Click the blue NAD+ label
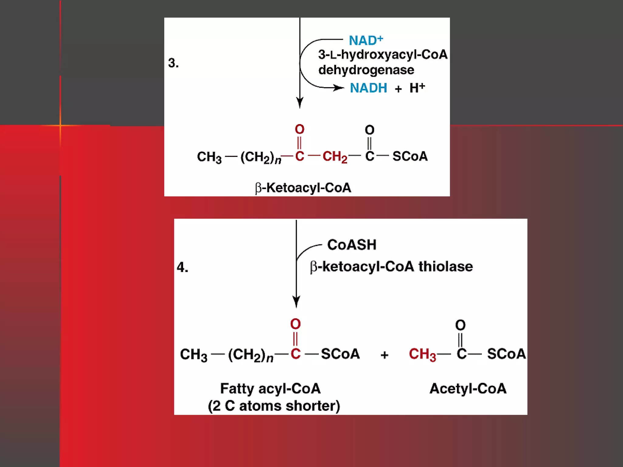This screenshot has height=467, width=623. tap(365, 40)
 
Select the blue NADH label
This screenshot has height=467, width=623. tap(368, 88)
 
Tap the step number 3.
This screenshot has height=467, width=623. tap(173, 63)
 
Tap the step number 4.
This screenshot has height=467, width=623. tap(182, 267)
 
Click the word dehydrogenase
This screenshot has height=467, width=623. tap(366, 70)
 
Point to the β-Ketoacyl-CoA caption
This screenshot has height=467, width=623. tap(303, 188)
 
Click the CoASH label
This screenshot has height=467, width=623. tap(352, 245)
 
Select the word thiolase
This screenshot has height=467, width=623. tap(446, 267)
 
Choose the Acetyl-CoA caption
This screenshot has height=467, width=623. tap(468, 389)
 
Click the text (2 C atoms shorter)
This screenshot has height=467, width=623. tap(274, 406)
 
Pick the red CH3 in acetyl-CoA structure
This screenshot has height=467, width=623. tap(422, 355)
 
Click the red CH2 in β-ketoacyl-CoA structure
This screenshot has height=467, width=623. tap(335, 157)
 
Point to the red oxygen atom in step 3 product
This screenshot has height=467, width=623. tap(299, 130)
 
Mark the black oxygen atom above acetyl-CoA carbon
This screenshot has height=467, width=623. tap(460, 325)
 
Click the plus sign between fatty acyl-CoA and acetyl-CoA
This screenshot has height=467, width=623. tap(385, 355)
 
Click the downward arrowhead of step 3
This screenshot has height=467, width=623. tap(300, 102)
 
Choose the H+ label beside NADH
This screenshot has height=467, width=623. tap(417, 88)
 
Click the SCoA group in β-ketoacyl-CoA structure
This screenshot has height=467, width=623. tap(410, 157)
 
